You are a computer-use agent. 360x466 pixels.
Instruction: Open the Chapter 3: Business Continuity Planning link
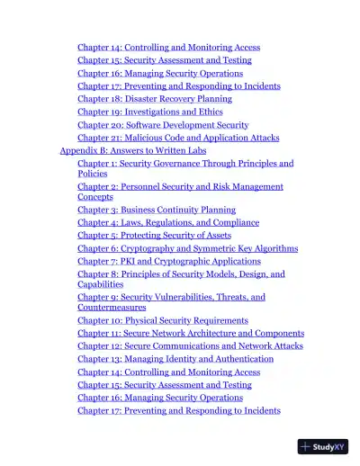[x=157, y=210]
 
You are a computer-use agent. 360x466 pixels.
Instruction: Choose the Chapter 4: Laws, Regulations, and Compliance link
[x=168, y=222]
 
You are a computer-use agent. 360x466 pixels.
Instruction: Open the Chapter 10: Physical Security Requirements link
[x=163, y=320]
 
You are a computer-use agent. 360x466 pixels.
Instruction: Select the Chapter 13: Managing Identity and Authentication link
[x=175, y=359]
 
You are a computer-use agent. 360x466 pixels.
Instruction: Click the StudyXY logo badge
[x=323, y=446]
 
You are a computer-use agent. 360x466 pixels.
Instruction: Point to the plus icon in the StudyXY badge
[x=307, y=446]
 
